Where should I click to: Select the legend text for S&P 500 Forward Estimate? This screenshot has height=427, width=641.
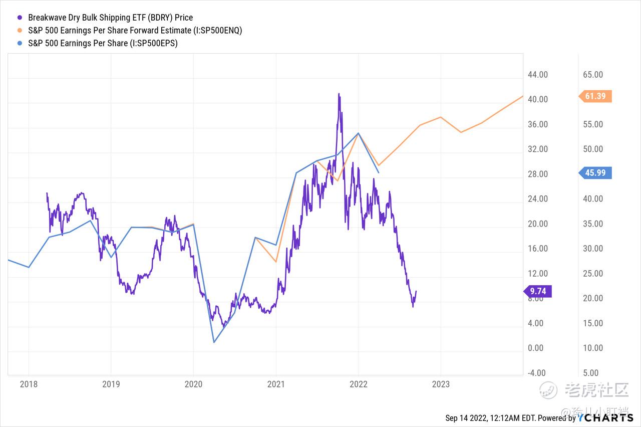coord(135,31)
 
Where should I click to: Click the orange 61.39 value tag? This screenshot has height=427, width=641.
coord(595,96)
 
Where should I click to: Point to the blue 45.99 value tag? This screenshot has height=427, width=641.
coord(595,173)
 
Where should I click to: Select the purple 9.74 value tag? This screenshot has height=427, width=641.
coord(537,291)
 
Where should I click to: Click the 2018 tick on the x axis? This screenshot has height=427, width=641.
coord(29,384)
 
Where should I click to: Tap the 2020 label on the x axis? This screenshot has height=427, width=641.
coord(193,384)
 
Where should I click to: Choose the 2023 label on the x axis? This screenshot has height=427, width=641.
coord(441,384)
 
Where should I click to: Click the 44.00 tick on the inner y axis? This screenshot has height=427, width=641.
coord(538,75)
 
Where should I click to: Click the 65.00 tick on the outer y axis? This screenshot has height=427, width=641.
coord(593,75)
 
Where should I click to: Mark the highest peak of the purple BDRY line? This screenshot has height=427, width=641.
coord(339,94)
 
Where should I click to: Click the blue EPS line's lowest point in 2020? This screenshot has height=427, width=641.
coord(214,342)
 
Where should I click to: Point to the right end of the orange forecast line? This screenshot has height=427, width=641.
coord(523,96)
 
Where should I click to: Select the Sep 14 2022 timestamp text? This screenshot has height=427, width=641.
coord(491,418)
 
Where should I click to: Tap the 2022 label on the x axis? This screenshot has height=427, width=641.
coord(358,384)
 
